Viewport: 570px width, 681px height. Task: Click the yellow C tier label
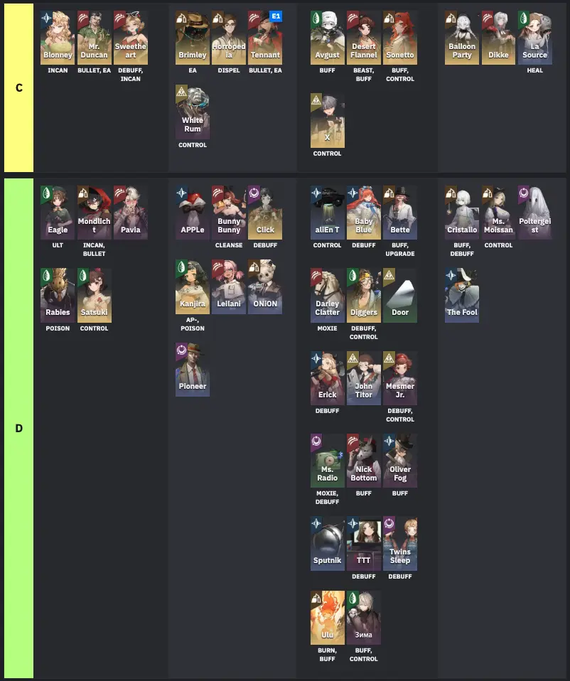[18, 88]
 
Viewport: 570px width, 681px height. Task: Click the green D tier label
[18, 429]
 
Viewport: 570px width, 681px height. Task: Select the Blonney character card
[58, 38]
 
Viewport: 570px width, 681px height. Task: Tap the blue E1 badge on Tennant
[276, 16]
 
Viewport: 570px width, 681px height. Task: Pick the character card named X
[328, 120]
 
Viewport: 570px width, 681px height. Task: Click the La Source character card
[534, 38]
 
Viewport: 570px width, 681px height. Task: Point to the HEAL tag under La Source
[534, 70]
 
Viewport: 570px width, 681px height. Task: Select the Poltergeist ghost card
[534, 213]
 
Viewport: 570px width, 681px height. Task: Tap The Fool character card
[462, 295]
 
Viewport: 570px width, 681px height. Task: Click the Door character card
[400, 295]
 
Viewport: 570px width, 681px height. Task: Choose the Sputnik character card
[328, 543]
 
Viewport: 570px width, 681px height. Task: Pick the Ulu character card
[328, 617]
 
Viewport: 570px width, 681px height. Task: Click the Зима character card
[364, 617]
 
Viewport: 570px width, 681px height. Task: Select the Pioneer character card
[193, 369]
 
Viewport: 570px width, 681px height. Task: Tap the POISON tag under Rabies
[58, 328]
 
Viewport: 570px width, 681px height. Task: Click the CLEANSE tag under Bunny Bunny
[229, 245]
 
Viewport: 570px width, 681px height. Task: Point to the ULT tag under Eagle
[58, 245]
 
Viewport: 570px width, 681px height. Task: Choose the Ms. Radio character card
[328, 460]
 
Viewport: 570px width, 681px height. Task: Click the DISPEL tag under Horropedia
[229, 70]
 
